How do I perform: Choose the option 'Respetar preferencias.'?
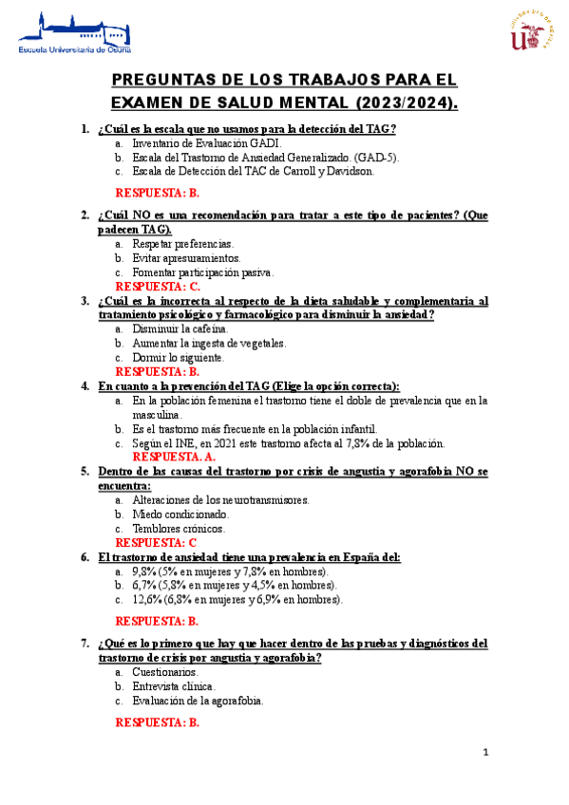click(183, 244)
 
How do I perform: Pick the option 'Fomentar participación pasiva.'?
click(203, 271)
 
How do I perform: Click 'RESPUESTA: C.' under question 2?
click(158, 286)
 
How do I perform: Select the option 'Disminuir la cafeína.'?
click(180, 329)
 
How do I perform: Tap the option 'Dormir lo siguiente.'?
click(179, 358)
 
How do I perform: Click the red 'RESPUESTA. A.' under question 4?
click(173, 457)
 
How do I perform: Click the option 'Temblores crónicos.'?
click(180, 528)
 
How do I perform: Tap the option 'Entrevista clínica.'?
click(174, 685)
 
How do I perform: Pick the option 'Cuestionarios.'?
click(165, 671)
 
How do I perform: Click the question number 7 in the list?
click(85, 643)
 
